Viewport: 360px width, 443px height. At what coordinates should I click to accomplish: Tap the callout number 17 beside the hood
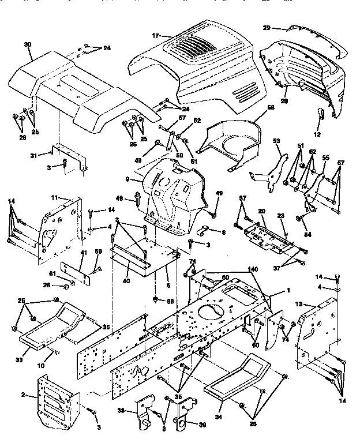click(x=155, y=36)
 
